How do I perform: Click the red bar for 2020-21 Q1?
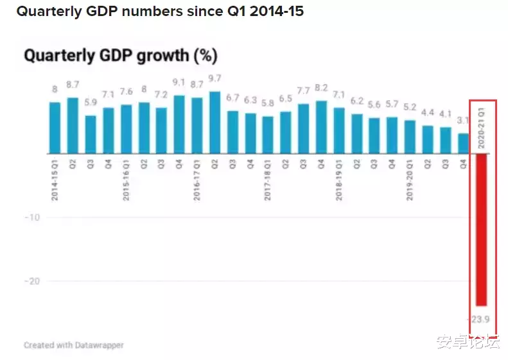pyautogui.click(x=480, y=230)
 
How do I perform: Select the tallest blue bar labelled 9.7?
pyautogui.click(x=215, y=123)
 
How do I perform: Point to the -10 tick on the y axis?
pyautogui.click(x=33, y=218)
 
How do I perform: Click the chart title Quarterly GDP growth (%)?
pyautogui.click(x=121, y=56)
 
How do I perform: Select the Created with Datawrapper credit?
pyautogui.click(x=73, y=345)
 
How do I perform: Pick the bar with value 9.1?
pyautogui.click(x=179, y=124)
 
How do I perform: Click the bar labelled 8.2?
pyautogui.click(x=321, y=127)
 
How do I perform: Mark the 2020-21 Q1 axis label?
pyautogui.click(x=480, y=127)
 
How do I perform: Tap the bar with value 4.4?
pyautogui.click(x=428, y=139)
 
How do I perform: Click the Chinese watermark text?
pyautogui.click(x=468, y=342)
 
